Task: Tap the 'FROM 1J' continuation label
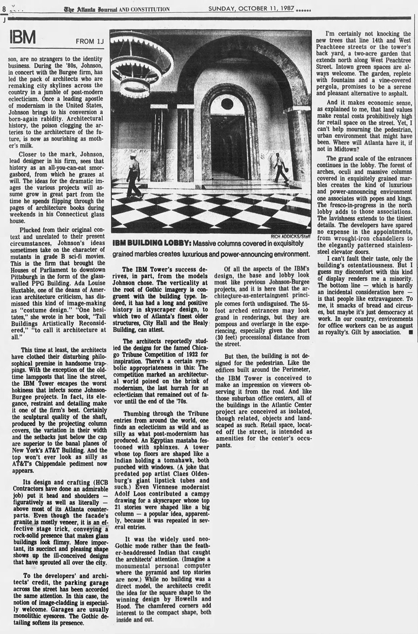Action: pyautogui.click(x=90, y=41)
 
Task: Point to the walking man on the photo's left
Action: pyautogui.click(x=133, y=175)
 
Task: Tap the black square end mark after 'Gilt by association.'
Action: pyautogui.click(x=410, y=332)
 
